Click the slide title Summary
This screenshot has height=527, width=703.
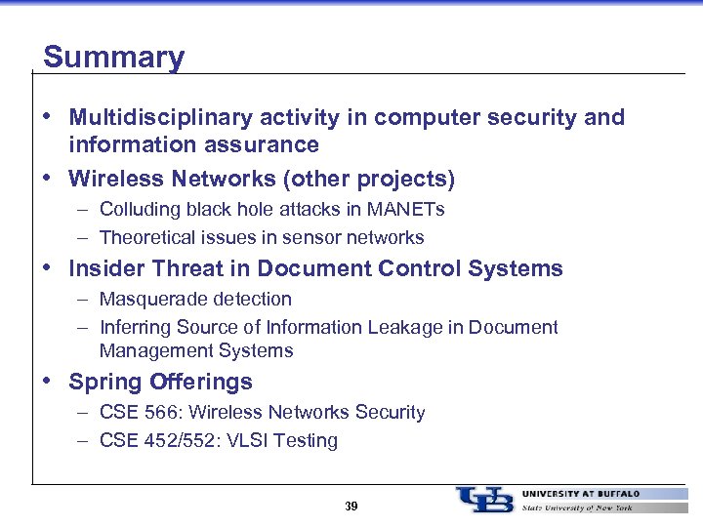click(113, 57)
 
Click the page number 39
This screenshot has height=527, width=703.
click(351, 506)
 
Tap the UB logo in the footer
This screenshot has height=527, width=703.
click(484, 499)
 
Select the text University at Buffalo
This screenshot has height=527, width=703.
click(581, 494)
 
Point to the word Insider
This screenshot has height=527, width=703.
click(103, 268)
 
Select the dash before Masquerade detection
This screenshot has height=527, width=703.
click(84, 299)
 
